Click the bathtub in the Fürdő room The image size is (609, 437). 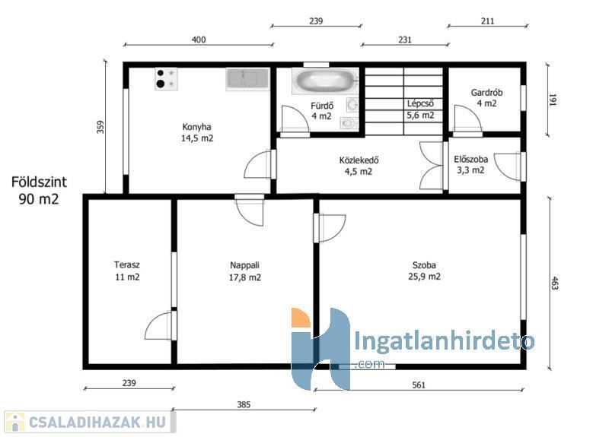click(x=325, y=81)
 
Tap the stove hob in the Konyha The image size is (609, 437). click(x=166, y=79)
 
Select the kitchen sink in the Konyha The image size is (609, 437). click(x=247, y=80)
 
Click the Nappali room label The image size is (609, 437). click(x=244, y=271)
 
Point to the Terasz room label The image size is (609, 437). click(x=127, y=271)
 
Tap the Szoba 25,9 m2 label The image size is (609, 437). click(x=424, y=271)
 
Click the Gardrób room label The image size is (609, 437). click(x=486, y=98)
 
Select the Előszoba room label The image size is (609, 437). click(x=470, y=164)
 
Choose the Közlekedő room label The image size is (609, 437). click(x=359, y=166)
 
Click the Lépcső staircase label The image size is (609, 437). click(x=421, y=109)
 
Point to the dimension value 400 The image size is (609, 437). click(x=199, y=40)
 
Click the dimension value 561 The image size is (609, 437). click(x=419, y=385)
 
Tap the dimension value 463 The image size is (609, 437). click(x=555, y=283)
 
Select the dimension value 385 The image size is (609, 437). click(x=244, y=404)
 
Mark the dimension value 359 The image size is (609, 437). click(x=100, y=127)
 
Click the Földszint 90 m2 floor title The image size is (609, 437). click(x=39, y=190)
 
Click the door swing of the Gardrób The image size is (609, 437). click(x=468, y=119)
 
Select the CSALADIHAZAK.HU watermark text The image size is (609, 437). click(x=97, y=422)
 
